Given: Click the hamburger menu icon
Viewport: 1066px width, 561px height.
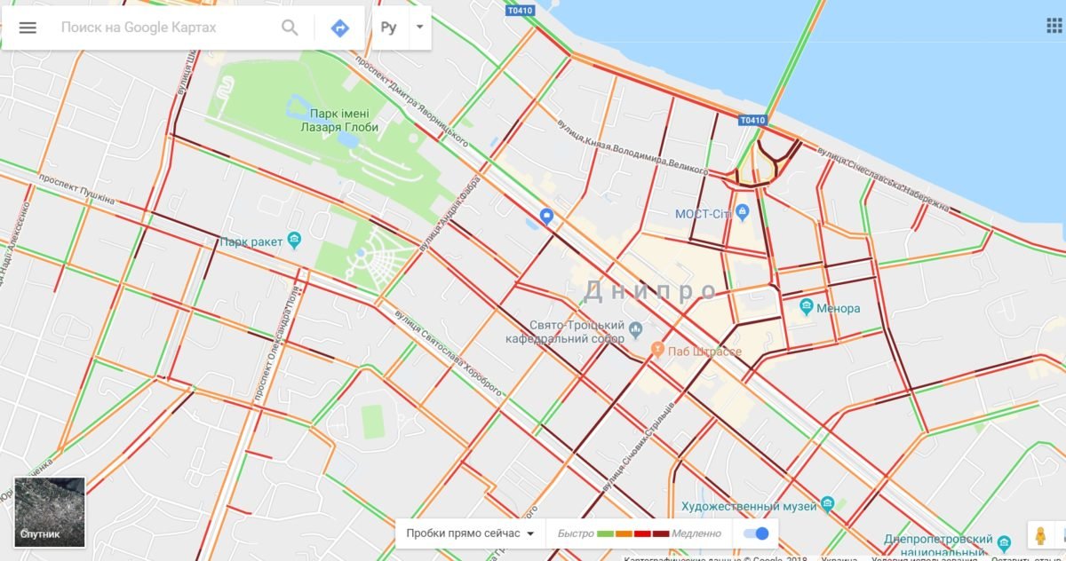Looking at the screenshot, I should click(28, 28).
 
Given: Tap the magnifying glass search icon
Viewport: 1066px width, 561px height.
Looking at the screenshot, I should click(290, 28).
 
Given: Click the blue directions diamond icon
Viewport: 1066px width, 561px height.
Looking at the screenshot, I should click(339, 28).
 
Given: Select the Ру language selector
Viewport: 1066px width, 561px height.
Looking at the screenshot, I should click(389, 28).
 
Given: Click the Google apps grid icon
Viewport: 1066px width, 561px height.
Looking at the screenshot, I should click(1054, 25).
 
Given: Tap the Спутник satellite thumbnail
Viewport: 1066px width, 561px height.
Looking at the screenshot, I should click(50, 512).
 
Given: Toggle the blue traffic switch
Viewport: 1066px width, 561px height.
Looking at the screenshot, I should click(756, 533).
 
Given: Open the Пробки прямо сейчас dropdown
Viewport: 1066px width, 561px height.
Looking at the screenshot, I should click(470, 533).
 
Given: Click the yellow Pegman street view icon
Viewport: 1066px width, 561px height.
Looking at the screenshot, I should click(1040, 536).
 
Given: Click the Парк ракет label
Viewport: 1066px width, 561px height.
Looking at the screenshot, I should click(251, 241).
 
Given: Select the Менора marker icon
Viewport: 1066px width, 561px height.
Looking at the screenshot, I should click(807, 307).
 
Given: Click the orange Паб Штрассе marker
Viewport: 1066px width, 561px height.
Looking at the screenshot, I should click(657, 350).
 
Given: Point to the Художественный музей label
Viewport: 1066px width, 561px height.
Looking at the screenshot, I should click(748, 506).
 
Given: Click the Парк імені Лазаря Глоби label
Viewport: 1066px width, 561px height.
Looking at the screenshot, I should click(344, 121).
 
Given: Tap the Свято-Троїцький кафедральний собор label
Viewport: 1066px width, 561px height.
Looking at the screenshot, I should click(565, 332).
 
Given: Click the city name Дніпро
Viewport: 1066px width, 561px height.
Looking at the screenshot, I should click(650, 290).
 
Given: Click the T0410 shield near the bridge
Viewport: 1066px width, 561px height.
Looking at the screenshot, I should click(751, 120).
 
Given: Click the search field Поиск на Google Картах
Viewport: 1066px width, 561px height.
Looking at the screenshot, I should click(160, 28).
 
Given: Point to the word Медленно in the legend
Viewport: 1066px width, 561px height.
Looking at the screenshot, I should click(696, 533).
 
